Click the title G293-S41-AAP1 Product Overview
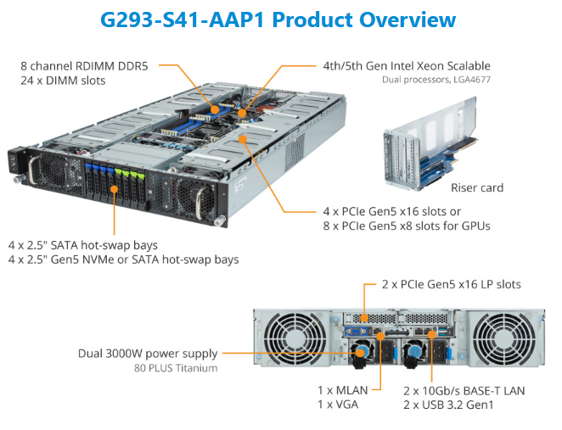278,20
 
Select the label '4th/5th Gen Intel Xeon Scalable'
406,65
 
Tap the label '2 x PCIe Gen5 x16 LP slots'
452,284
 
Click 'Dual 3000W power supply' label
149,354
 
